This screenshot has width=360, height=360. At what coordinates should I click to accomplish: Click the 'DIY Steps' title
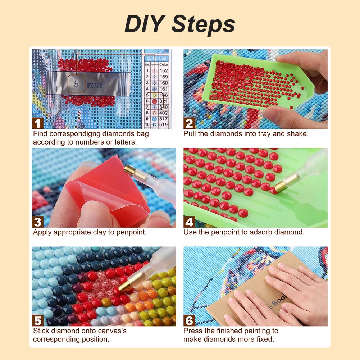pos(180,24)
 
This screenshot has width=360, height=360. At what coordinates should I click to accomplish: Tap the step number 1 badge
pos(38,123)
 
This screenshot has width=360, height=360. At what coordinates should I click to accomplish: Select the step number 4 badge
pos(189,222)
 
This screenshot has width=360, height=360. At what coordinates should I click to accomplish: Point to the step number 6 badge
pos(189,320)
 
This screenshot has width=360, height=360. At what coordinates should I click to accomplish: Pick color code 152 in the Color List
pos(164,71)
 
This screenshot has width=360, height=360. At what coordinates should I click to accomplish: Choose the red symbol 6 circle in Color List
pos(154,101)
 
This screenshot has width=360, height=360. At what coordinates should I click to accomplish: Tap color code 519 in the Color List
pos(164,125)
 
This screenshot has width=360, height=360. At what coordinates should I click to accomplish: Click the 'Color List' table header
pos(157,58)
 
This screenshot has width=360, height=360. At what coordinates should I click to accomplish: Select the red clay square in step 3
pos(108,194)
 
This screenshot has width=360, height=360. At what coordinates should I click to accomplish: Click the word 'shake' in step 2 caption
pos(299,134)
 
